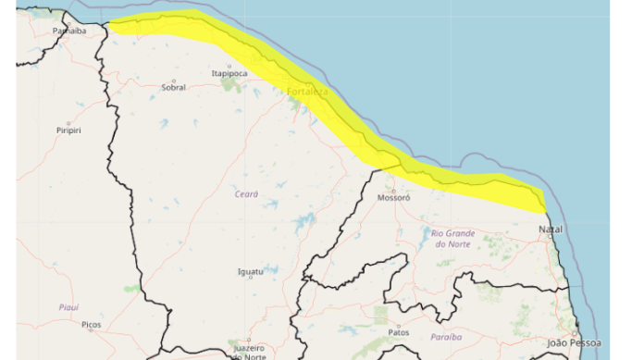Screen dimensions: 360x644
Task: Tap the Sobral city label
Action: click(x=173, y=88)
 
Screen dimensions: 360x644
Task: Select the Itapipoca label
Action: click(x=229, y=73)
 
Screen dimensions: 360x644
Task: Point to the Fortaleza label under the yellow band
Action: click(x=307, y=93)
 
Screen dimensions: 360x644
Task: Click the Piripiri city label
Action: click(x=68, y=130)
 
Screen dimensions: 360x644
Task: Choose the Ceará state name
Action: click(x=246, y=194)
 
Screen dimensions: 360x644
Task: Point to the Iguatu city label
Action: click(x=251, y=271)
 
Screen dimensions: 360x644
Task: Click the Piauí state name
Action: click(x=68, y=306)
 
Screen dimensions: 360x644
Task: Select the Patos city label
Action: click(x=399, y=331)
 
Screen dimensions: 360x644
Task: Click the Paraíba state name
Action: click(x=446, y=337)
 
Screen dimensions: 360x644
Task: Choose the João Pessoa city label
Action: click(x=570, y=343)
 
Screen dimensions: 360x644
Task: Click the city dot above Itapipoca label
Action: click(x=229, y=66)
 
